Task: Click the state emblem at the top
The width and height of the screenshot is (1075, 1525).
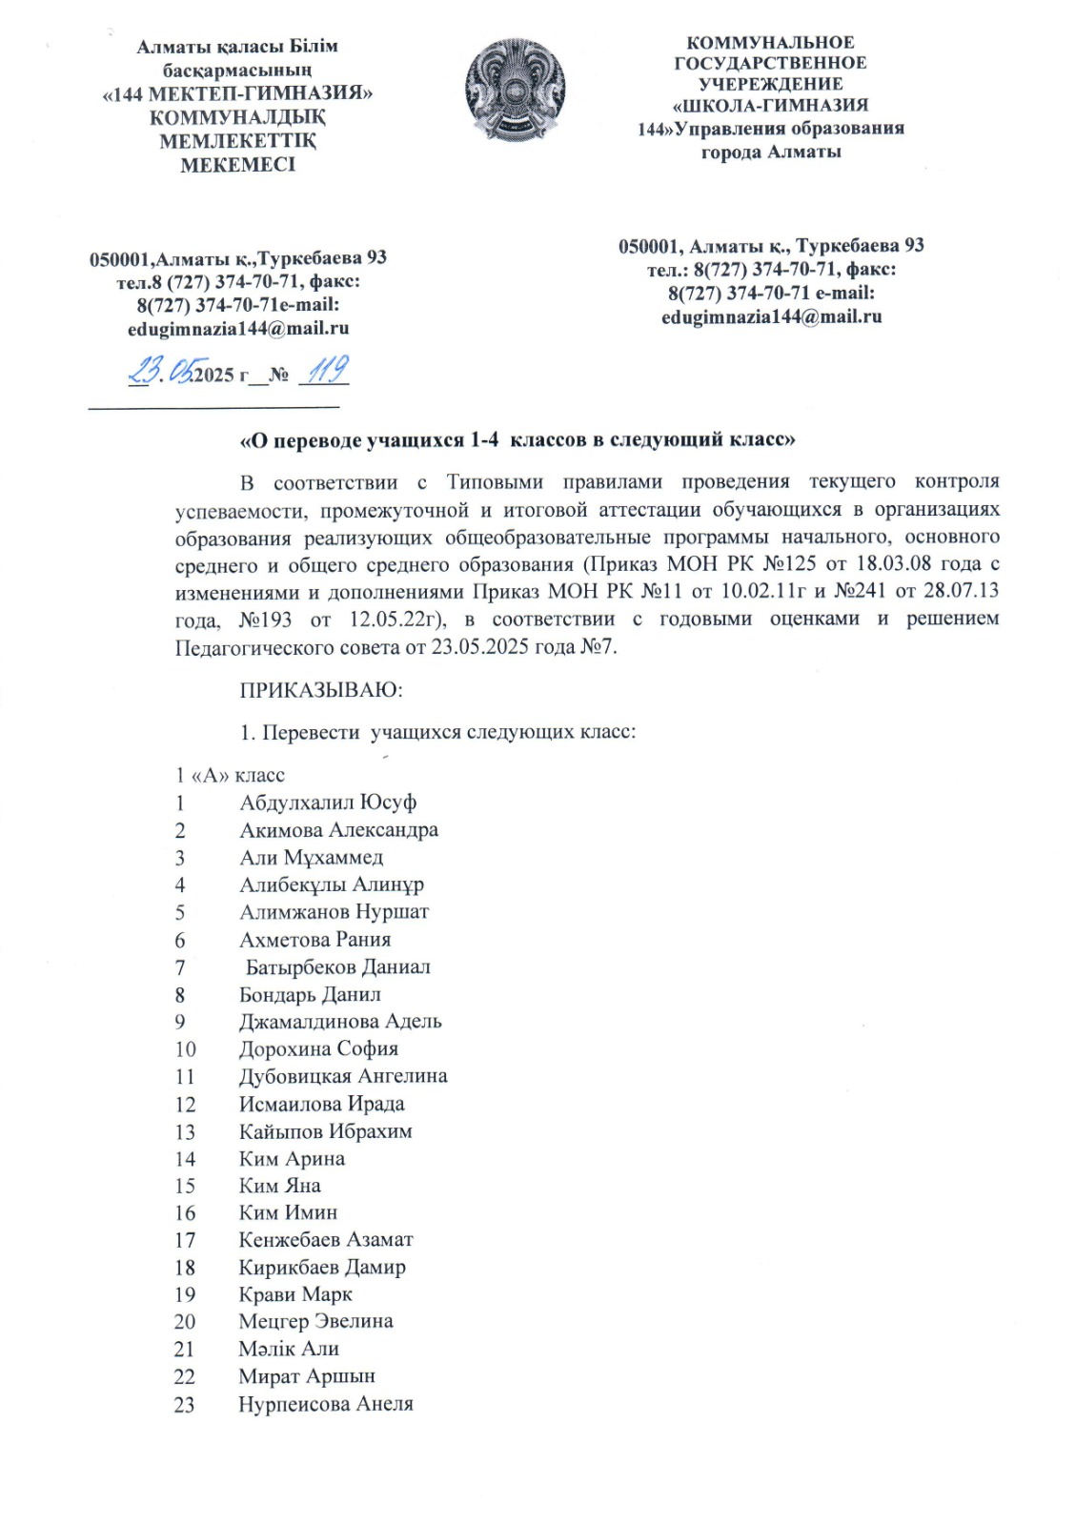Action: coord(515,91)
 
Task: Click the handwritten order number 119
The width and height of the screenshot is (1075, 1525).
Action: coord(325,370)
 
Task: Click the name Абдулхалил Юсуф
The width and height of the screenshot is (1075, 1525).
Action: coord(328,803)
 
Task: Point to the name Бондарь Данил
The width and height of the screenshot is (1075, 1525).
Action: coord(310,994)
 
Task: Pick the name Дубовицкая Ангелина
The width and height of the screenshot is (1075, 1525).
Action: coord(343,1076)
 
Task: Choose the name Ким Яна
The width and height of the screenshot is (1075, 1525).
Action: coord(279,1186)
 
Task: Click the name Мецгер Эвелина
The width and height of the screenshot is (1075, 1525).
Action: coord(315,1322)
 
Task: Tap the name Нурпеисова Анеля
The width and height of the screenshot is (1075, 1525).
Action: coord(326,1404)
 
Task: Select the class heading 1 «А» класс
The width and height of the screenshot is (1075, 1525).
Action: coord(230,775)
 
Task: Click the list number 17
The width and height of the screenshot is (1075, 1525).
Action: coord(185,1240)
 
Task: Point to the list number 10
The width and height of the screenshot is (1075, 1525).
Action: coord(185,1049)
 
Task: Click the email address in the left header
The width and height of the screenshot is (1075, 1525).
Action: coord(238,329)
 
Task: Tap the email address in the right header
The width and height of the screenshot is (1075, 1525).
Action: coord(771,316)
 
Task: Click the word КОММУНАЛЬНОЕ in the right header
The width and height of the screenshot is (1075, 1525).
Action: coord(770,43)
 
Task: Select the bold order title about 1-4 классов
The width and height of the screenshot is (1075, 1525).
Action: coord(517,440)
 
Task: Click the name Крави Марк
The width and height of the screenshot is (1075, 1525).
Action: coord(295,1294)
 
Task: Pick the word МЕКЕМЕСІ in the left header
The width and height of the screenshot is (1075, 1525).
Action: coord(238,165)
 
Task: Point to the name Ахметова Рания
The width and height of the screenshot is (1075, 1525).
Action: coord(314,940)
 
